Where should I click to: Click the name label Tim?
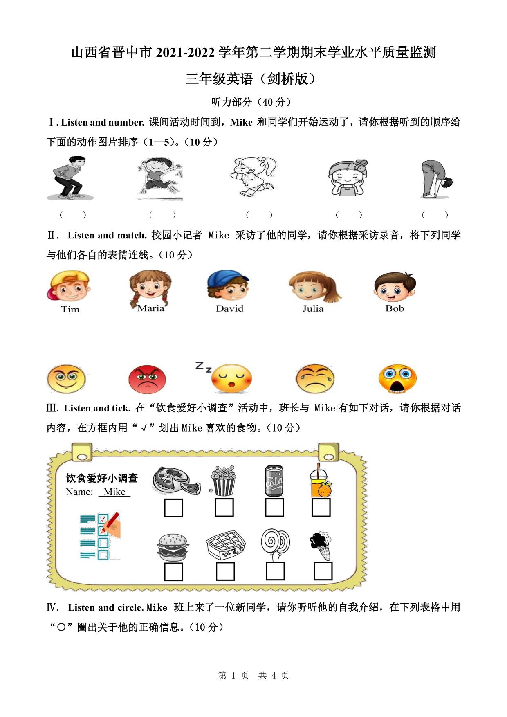70,309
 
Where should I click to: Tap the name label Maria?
151,308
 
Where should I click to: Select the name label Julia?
313,308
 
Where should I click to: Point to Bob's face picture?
395,286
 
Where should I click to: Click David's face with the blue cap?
228,285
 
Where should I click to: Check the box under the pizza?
173,508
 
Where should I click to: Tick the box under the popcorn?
224,507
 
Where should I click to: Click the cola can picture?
274,480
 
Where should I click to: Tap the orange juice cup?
321,480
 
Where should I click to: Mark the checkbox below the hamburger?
173,572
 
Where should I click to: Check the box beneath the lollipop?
275,571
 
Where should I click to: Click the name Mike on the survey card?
114,492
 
